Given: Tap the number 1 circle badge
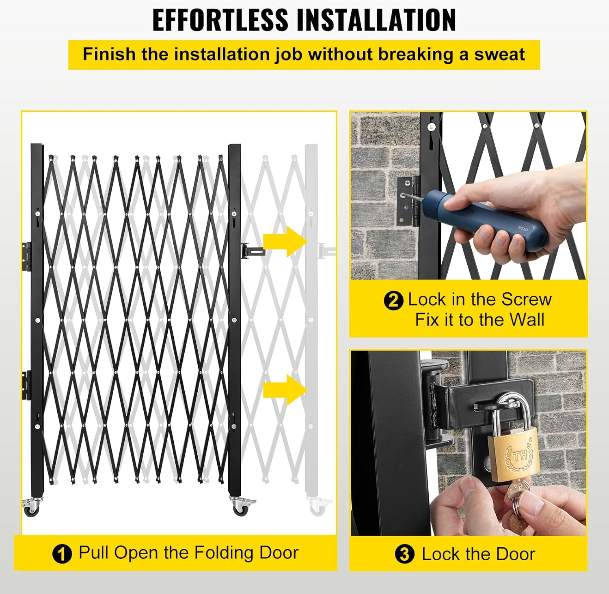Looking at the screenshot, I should click(62, 554).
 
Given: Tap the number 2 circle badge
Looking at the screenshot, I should click(393, 301).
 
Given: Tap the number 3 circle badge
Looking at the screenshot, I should click(404, 554).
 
